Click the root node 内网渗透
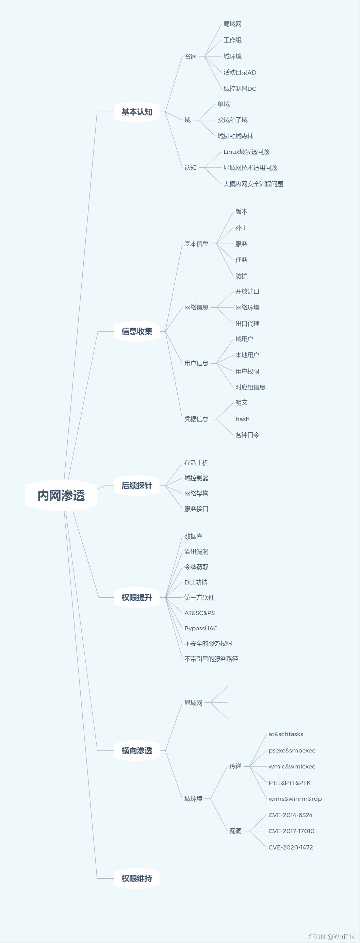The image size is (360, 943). click(61, 495)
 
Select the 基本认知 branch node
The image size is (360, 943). click(136, 112)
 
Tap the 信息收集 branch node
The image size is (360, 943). click(136, 331)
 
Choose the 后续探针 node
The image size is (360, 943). click(136, 485)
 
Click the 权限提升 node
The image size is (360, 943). click(136, 597)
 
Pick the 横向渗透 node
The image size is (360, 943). click(136, 750)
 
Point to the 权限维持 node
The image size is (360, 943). click(136, 878)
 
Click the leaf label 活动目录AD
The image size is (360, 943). click(240, 72)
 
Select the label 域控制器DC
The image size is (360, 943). click(240, 88)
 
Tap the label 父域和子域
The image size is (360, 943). click(232, 120)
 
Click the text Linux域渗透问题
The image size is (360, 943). click(246, 152)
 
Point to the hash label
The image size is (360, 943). click(243, 419)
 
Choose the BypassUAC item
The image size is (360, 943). click(201, 628)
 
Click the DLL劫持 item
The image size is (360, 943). click(196, 582)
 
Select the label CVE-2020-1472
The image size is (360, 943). click(291, 847)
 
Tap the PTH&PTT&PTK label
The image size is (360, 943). click(290, 783)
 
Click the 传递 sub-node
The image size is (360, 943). click(235, 766)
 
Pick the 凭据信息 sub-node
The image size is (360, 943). click(196, 419)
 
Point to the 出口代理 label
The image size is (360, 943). click(247, 324)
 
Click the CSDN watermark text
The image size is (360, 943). click(332, 937)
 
